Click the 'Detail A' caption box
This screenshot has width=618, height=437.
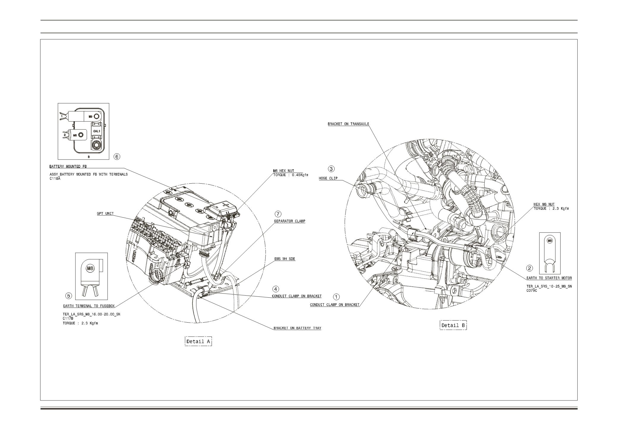(198, 341)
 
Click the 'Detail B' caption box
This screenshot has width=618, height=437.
(453, 325)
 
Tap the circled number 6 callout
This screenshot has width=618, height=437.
(117, 157)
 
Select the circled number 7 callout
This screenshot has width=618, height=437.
(278, 214)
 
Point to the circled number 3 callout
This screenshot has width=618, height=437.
(331, 169)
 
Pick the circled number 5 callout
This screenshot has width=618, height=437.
(69, 296)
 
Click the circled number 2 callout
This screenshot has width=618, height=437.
(529, 268)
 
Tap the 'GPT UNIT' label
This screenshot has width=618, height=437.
(105, 214)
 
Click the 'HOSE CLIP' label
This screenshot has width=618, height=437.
(328, 179)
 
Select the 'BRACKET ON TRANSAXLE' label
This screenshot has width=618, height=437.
(348, 124)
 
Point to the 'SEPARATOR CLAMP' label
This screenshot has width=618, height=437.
(289, 221)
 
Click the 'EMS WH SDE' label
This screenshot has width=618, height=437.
(285, 259)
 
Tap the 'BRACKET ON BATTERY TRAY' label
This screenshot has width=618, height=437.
(297, 328)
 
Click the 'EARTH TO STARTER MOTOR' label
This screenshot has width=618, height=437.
(549, 278)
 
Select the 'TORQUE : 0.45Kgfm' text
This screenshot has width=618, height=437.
(291, 175)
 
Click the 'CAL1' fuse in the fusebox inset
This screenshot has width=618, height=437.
(97, 131)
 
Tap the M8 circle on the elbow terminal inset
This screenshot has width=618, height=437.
(90, 269)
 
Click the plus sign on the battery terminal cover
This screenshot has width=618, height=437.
(227, 205)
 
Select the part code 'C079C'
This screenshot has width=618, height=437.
(532, 291)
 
